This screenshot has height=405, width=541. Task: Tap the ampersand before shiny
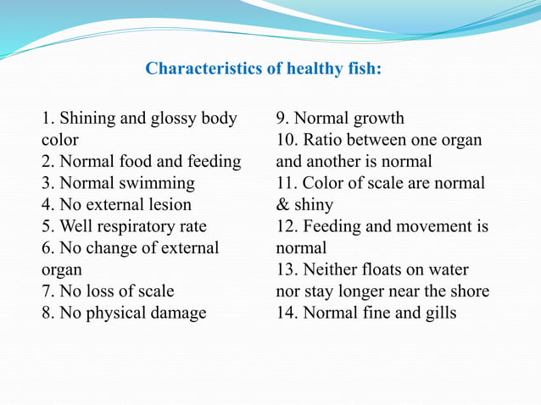coord(282,205)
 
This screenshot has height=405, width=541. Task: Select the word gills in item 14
coord(438,313)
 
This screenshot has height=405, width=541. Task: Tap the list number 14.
coord(287,313)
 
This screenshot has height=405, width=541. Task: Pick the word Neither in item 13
coord(338,269)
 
